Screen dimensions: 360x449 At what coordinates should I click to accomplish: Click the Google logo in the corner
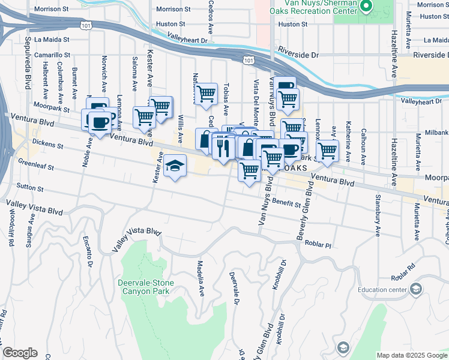(x=20, y=353)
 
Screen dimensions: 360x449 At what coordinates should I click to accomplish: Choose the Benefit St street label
(x=286, y=203)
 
